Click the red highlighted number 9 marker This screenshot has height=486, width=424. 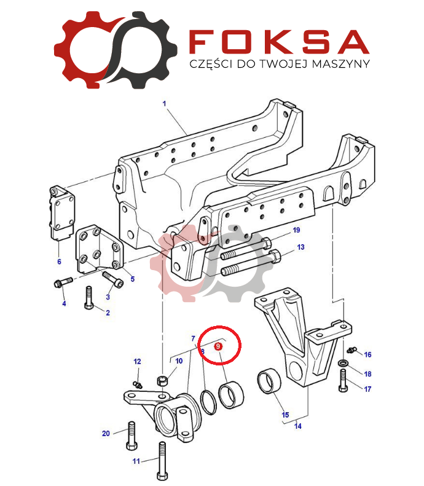[218, 346]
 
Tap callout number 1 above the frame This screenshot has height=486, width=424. [164, 103]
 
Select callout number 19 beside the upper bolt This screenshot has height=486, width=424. [296, 230]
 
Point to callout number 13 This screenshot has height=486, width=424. [301, 247]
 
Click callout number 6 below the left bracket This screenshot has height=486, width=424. [60, 261]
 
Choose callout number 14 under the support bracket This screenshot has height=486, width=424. [298, 426]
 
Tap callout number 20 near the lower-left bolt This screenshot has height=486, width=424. [106, 433]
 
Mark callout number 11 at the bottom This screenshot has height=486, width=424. [136, 461]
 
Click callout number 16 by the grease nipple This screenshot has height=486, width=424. [367, 354]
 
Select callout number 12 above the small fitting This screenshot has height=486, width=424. [137, 361]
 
